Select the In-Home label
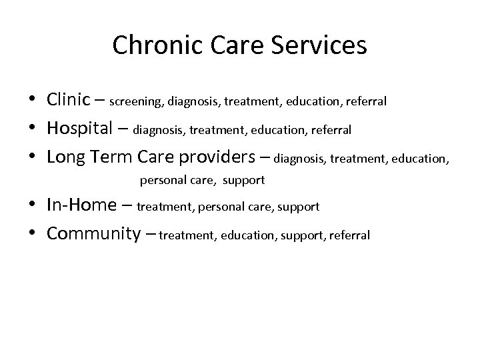[82, 205]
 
